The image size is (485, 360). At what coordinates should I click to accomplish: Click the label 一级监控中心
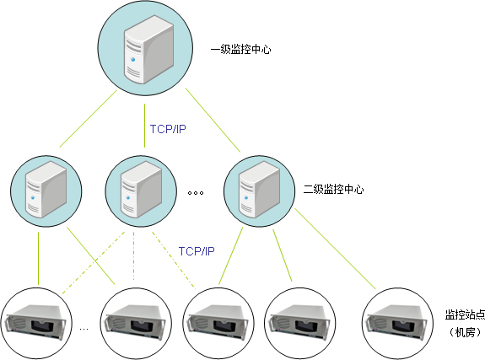[240, 50]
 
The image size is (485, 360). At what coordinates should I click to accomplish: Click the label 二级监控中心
[333, 190]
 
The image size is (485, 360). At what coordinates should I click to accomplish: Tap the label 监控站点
[465, 314]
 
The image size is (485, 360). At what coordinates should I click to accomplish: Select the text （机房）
[465, 332]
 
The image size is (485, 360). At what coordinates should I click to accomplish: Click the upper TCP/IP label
[168, 129]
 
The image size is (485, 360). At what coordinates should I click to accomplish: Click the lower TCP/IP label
[197, 251]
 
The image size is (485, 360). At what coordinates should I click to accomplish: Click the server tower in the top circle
[148, 49]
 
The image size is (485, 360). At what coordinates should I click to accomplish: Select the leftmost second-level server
[46, 190]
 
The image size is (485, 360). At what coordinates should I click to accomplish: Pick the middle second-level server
[141, 190]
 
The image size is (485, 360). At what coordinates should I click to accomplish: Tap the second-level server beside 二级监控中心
[259, 190]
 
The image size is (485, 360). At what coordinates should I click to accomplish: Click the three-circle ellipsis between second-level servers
[196, 193]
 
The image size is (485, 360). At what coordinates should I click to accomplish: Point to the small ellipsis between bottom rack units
[84, 329]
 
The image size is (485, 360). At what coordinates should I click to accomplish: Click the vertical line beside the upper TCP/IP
[144, 126]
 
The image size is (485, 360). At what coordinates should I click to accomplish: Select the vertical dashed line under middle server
[133, 256]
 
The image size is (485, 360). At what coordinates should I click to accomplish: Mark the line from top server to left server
[88, 119]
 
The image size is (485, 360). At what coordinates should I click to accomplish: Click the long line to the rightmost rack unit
[335, 249]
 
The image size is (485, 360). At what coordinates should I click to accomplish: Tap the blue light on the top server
[133, 59]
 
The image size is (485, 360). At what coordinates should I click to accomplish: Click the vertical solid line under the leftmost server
[38, 258]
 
